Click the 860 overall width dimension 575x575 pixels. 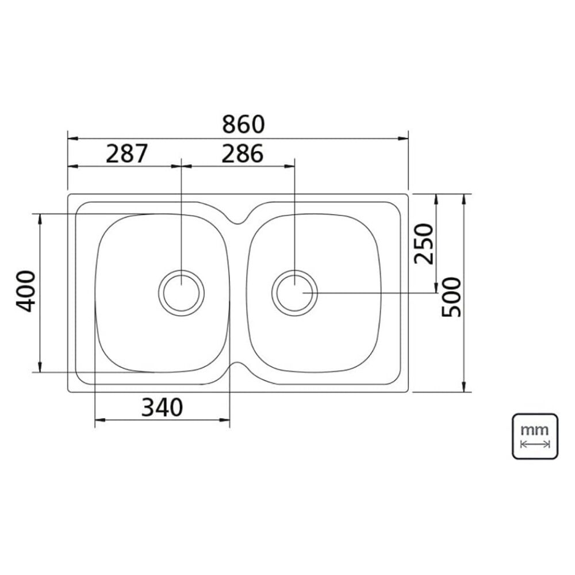[243, 124]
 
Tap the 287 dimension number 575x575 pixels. [126, 154]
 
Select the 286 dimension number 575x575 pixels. [243, 154]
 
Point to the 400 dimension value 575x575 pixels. [26, 291]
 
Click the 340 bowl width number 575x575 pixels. [162, 408]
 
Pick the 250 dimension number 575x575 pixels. [424, 243]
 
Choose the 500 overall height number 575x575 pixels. [451, 297]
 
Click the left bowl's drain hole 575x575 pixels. [182, 293]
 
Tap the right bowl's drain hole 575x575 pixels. [295, 293]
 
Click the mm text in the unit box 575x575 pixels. [535, 430]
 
